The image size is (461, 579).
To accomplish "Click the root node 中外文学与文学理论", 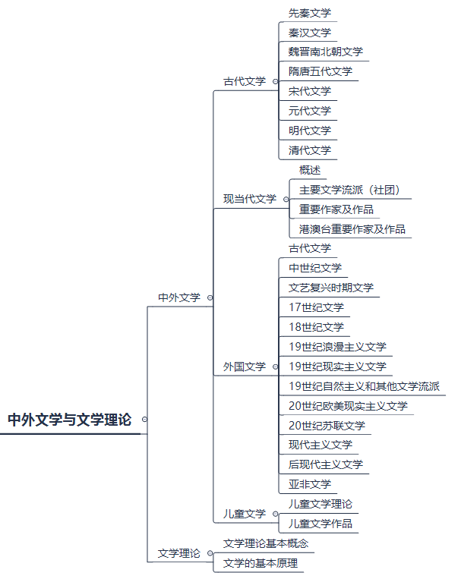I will coord(70,419).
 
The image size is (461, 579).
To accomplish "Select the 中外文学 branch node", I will coord(178,297).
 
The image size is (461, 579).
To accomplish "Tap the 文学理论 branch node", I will coord(178,553).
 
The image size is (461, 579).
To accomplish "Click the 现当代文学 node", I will coord(249,199).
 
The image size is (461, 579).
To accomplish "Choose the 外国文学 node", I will coord(245,367).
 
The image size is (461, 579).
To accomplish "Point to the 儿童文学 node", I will coord(245,514).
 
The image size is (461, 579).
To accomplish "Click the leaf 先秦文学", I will coord(310,13).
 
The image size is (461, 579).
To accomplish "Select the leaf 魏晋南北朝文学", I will coord(326,52).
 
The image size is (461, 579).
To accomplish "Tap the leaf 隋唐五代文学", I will coord(320,71).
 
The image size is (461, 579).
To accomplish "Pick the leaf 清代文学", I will coord(310,150).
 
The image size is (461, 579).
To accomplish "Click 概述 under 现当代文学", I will coord(310,170).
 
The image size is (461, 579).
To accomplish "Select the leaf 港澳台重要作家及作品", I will coord(352,229).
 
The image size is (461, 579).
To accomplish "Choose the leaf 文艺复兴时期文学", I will coord(331,288).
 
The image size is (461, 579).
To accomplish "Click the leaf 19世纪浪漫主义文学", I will coord(337,347).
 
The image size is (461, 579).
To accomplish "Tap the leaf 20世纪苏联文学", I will coord(327,426).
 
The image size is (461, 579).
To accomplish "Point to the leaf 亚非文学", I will coord(310,484).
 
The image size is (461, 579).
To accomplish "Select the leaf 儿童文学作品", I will coord(320,524).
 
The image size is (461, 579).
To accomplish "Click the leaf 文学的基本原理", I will coord(260,563).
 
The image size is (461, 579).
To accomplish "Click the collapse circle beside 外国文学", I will coord(275,367).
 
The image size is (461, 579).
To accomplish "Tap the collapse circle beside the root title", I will coord(144,419).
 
